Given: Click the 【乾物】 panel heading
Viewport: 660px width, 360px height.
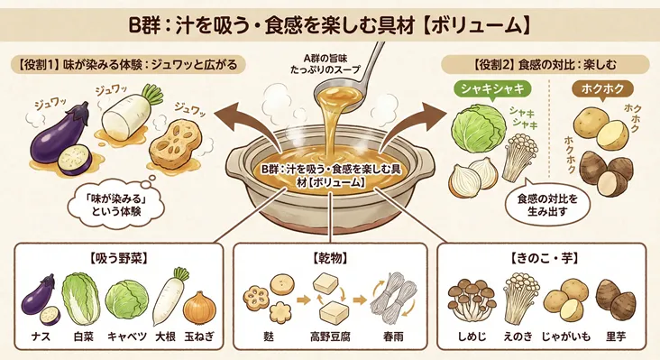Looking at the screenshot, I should point(329,258).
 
